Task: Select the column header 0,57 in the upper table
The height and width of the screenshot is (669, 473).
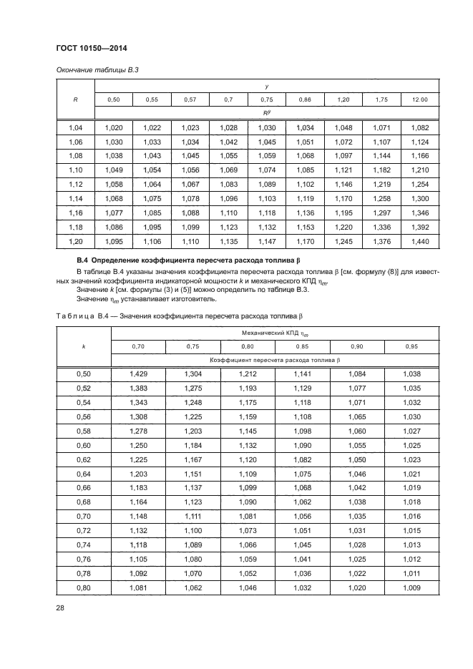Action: [x=190, y=99]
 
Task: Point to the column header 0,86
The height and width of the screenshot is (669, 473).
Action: [x=304, y=99]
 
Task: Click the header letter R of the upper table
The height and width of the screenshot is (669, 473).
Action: [x=75, y=99]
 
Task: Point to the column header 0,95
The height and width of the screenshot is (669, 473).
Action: [x=411, y=346]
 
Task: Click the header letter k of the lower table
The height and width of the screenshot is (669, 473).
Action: [x=83, y=346]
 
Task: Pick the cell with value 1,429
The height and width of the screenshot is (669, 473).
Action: [x=137, y=373]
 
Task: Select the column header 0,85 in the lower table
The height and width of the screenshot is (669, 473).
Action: [x=301, y=346]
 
